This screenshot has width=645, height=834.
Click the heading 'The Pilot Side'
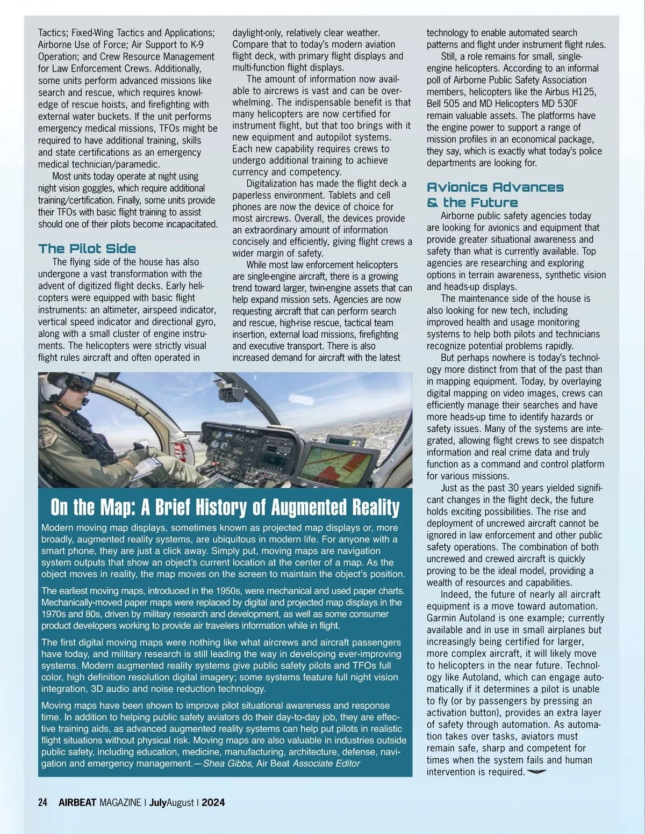[87, 249]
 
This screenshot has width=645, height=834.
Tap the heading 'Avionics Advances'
[495, 187]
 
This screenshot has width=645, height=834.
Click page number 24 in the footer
[43, 803]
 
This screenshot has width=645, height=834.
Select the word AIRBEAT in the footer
[77, 803]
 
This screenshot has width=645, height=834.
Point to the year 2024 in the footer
[213, 803]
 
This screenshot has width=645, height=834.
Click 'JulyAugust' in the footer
[171, 803]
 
